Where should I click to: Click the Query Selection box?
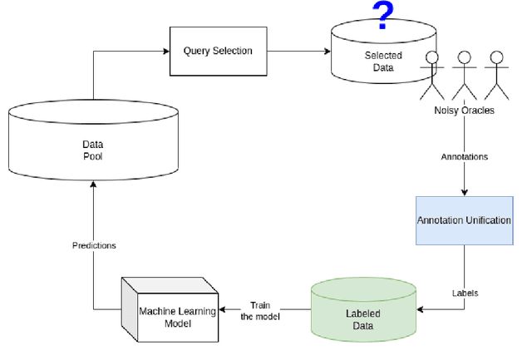click(x=217, y=51)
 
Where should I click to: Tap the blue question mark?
click(x=382, y=15)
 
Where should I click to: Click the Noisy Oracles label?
click(x=464, y=111)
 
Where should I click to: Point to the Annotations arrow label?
click(x=464, y=155)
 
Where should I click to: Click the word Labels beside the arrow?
click(x=465, y=293)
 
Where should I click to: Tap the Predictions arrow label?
click(x=93, y=245)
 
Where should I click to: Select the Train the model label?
click(x=261, y=310)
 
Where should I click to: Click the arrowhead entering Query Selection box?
click(x=165, y=51)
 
